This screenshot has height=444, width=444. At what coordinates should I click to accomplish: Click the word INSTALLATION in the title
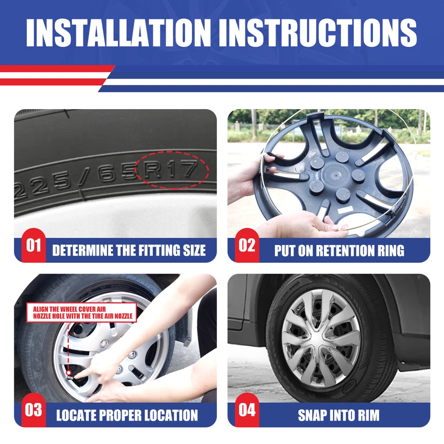point(119,32)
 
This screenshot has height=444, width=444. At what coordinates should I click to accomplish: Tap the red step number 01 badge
point(33,245)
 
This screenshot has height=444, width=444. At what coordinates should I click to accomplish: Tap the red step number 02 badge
point(247,245)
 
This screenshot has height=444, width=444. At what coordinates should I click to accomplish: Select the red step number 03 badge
point(33,410)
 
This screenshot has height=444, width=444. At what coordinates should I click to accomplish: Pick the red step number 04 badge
point(247,410)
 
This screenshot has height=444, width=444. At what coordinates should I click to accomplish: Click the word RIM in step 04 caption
point(369,416)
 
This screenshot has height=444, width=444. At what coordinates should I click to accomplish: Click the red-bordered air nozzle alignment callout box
point(82,312)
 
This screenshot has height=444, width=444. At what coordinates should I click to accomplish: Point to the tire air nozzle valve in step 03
point(69,376)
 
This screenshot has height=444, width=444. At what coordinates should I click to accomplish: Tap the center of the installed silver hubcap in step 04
point(321,339)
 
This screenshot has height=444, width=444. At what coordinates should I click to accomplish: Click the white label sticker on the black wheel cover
point(345,210)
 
